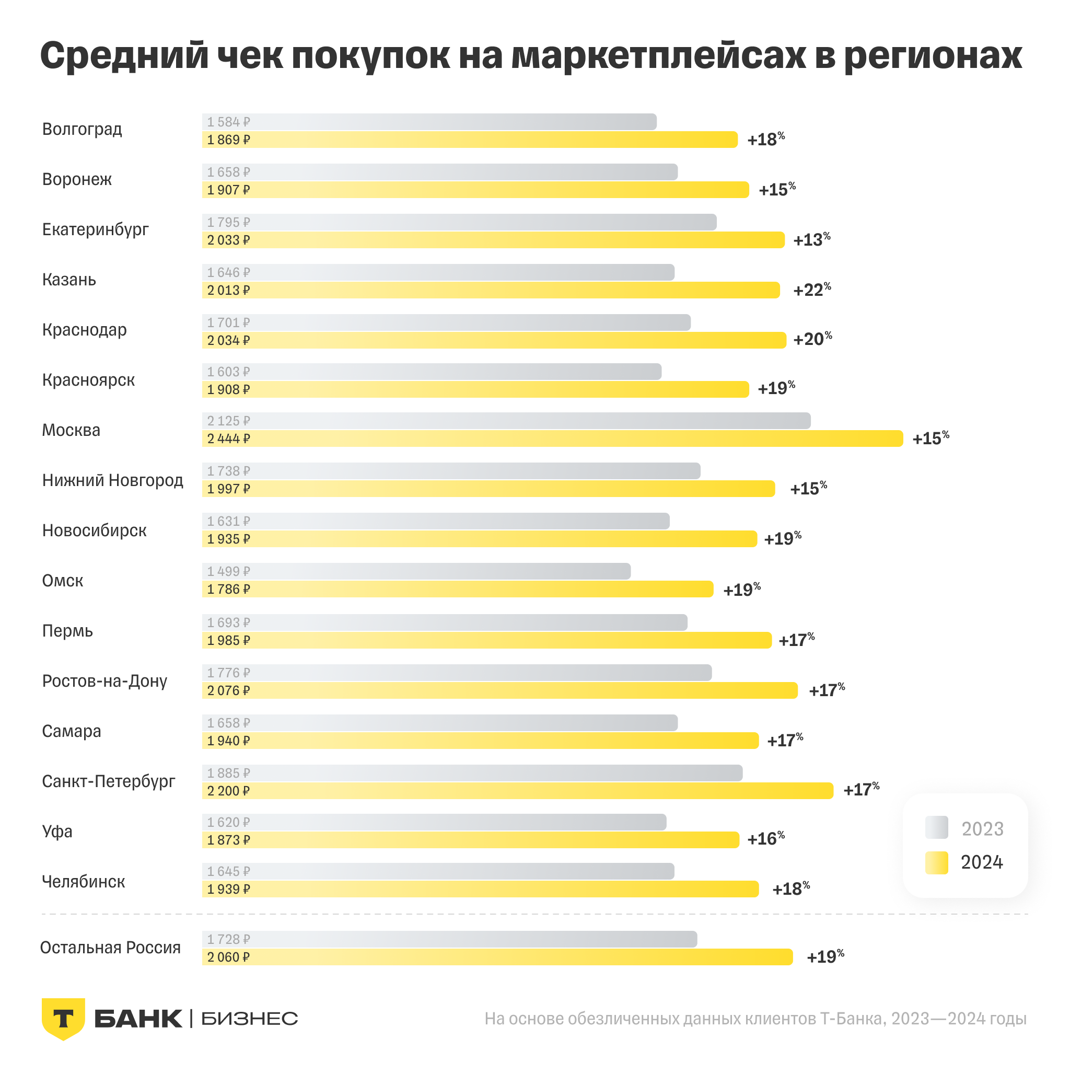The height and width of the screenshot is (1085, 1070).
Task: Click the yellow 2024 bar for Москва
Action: click(553, 438)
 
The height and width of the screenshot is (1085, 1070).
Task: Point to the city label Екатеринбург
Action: click(96, 229)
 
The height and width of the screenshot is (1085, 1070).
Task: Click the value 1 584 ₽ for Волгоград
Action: click(228, 122)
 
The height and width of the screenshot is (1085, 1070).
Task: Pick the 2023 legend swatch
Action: click(936, 828)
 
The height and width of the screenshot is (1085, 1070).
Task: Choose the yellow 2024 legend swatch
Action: click(936, 862)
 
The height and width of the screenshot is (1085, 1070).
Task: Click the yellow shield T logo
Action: click(63, 1018)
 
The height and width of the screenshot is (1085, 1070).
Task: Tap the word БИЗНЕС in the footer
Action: click(249, 1019)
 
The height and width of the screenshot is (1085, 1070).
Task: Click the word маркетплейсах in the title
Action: click(658, 56)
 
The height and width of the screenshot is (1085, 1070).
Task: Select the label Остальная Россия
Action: click(111, 948)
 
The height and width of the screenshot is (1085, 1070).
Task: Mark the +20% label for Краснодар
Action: click(812, 339)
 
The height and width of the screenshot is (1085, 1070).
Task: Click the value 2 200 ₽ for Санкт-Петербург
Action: click(228, 791)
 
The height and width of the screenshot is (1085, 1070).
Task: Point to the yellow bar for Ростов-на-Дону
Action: click(499, 690)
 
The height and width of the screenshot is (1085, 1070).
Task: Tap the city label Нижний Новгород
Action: click(113, 480)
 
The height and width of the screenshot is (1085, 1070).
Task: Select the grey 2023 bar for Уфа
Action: click(434, 822)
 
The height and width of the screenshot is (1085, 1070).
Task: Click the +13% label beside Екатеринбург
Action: click(812, 240)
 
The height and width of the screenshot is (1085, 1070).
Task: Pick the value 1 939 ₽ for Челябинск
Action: click(228, 889)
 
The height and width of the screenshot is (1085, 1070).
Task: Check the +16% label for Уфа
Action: click(766, 839)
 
